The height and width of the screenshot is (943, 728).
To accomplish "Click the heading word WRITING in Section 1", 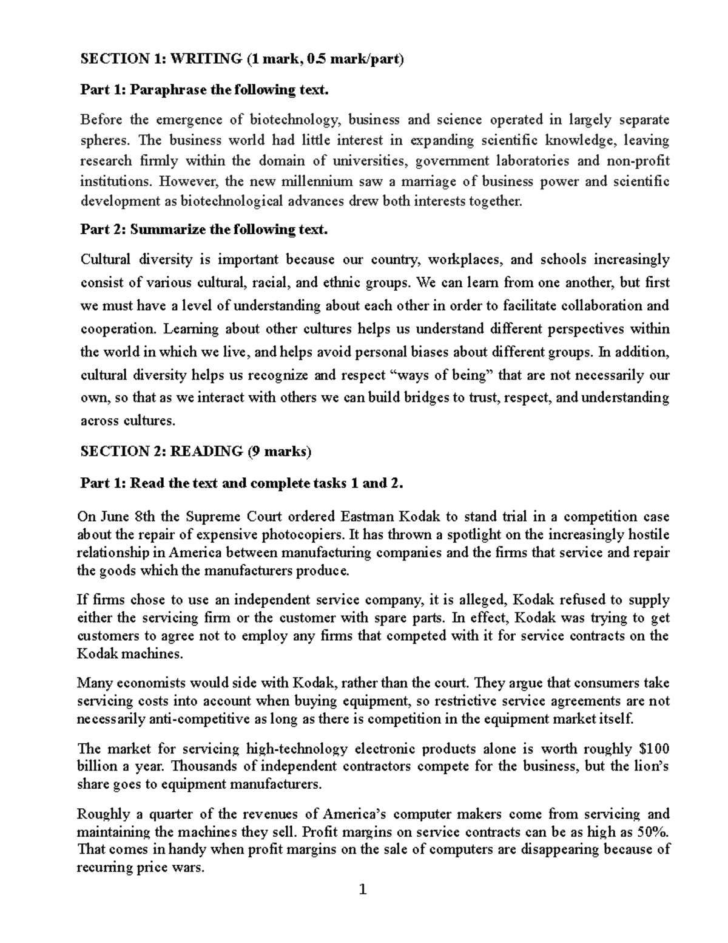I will coord(207,59).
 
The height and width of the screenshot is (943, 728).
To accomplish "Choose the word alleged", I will coord(475,600).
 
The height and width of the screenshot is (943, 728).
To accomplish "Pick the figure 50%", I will coord(655,831).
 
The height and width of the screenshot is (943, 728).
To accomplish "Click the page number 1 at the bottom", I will coord(363,890).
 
